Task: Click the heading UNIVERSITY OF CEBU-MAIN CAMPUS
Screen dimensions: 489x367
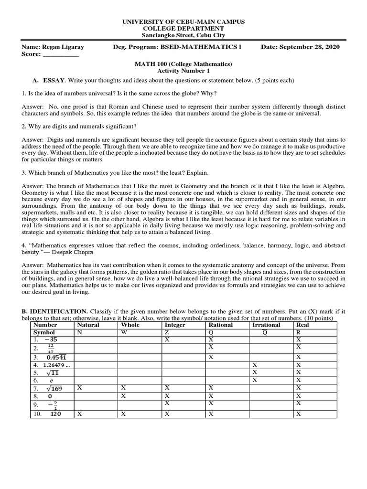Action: [184, 22]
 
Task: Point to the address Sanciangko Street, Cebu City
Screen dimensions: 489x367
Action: [184, 35]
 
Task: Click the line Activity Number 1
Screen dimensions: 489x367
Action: [184, 71]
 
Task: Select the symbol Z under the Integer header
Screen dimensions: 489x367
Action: [166, 332]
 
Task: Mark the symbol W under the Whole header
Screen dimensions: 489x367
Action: [124, 332]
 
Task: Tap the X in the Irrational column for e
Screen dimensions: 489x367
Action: [255, 380]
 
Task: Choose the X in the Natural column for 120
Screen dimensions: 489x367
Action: [79, 414]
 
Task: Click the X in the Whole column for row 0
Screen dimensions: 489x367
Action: [124, 396]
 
